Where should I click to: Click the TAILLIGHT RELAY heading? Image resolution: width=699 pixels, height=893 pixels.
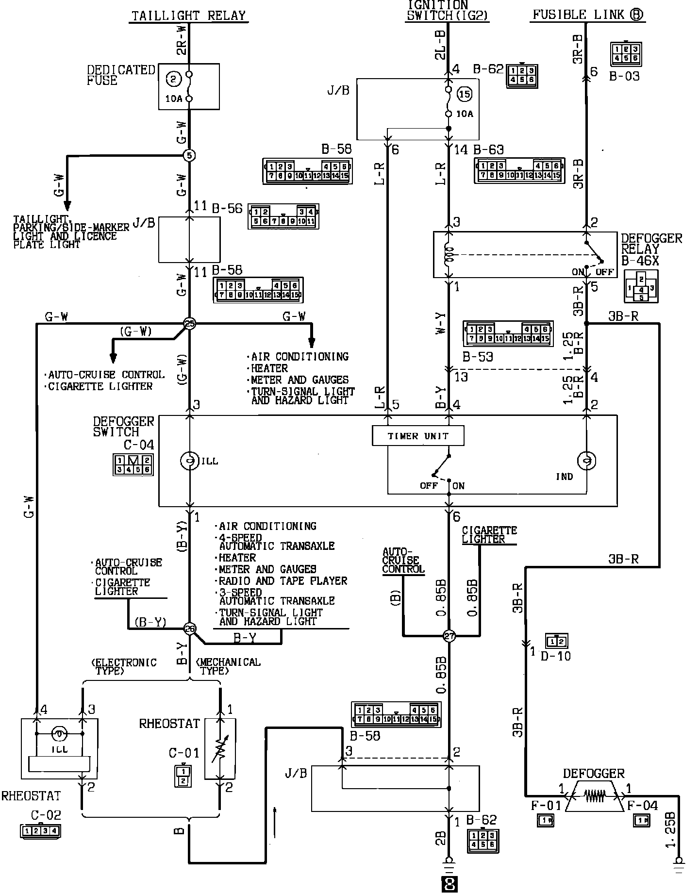(189, 16)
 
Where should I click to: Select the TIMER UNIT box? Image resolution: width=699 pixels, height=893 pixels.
(418, 436)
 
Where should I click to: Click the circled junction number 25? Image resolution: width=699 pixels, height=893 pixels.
(190, 323)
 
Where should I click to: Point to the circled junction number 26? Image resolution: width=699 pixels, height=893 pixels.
(190, 629)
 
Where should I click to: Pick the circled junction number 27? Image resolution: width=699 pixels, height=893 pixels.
(449, 636)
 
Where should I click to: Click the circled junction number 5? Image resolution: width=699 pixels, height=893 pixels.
(189, 156)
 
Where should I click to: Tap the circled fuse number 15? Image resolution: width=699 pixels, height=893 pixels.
(465, 94)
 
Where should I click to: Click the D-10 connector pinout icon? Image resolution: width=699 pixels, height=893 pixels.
(556, 642)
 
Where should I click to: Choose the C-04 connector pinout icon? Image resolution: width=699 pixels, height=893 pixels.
(133, 464)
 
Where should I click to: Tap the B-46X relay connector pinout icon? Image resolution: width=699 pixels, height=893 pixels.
(641, 287)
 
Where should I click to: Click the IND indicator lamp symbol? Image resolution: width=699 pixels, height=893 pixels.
(586, 461)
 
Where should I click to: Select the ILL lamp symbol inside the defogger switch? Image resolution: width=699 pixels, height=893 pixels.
(189, 461)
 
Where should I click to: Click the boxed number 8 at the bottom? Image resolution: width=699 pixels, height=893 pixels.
(449, 884)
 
